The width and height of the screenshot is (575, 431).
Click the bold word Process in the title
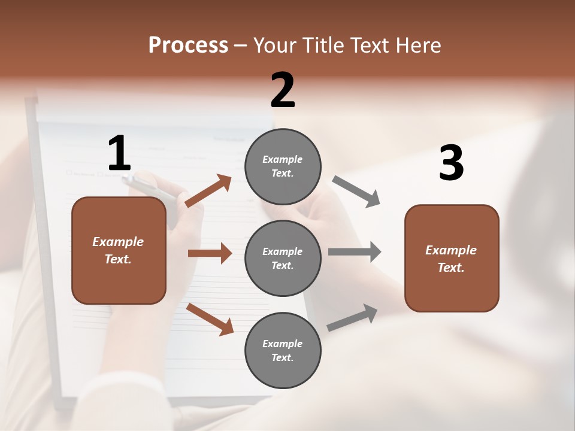click(x=188, y=45)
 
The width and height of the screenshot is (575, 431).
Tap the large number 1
click(x=119, y=154)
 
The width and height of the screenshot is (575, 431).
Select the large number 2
click(x=283, y=90)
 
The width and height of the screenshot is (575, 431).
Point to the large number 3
click(x=451, y=163)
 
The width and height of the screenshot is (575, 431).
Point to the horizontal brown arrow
click(x=210, y=253)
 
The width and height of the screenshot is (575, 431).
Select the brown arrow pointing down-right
click(x=210, y=319)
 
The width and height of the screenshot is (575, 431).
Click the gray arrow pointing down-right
click(x=356, y=192)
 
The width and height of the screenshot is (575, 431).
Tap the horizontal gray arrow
click(x=355, y=251)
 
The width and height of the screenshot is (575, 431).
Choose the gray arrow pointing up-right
click(x=352, y=317)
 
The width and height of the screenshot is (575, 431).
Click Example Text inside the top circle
click(x=283, y=166)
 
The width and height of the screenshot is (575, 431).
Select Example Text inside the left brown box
click(x=118, y=250)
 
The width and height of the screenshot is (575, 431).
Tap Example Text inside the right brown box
click(x=451, y=259)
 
